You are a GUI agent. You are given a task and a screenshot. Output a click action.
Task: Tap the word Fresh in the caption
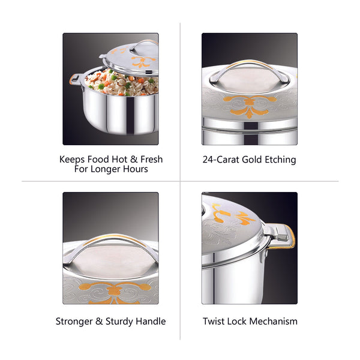(152, 160)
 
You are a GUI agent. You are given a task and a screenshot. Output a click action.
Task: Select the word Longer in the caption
(106, 169)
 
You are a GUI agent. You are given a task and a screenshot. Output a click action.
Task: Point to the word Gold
(252, 160)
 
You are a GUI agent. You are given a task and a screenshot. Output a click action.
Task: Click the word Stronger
(74, 322)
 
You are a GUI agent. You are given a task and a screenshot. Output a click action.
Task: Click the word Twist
(213, 321)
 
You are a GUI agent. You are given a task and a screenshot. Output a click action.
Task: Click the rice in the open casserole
(122, 83)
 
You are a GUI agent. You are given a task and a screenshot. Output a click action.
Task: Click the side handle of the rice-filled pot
(74, 80)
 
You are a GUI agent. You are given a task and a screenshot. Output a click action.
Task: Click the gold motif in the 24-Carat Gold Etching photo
(250, 106)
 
